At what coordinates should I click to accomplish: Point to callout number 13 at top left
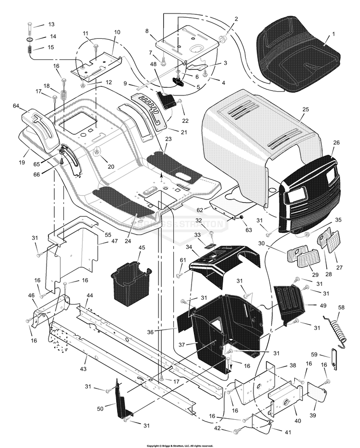point(51,24)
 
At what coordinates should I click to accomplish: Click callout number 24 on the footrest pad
point(128,228)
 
